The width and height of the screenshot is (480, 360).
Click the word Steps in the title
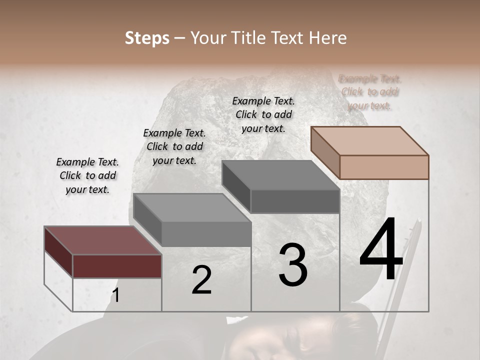pyautogui.click(x=147, y=38)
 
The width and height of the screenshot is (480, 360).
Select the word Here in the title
pyautogui.click(x=327, y=38)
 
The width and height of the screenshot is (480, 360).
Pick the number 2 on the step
pyautogui.click(x=201, y=280)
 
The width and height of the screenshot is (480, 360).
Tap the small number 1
pyautogui.click(x=115, y=295)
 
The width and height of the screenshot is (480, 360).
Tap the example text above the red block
pyautogui.click(x=87, y=176)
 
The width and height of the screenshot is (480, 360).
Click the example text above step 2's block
pyautogui.click(x=174, y=146)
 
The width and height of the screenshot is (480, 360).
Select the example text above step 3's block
pyautogui.click(x=263, y=114)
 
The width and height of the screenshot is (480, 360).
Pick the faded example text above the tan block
pyautogui.click(x=370, y=92)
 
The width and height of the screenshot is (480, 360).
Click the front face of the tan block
pyautogui.click(x=384, y=167)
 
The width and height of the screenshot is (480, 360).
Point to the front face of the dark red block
pyautogui.click(x=117, y=265)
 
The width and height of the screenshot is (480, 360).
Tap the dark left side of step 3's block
pyautogui.click(x=236, y=187)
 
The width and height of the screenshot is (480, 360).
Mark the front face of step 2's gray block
pyautogui.click(x=206, y=234)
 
